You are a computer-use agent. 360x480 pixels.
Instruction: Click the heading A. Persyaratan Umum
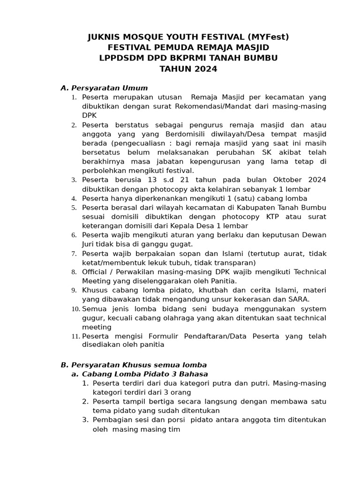coord(104,88)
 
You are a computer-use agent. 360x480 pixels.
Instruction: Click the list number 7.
coord(74,254)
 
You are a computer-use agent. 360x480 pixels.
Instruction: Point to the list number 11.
coord(75,337)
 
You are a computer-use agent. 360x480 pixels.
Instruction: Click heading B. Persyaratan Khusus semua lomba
coord(134,365)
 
